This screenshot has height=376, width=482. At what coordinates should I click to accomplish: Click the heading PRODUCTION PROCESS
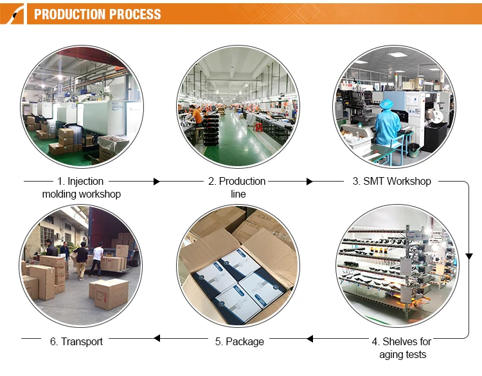pos(97,14)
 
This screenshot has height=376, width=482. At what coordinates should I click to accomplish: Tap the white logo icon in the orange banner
pos(12,13)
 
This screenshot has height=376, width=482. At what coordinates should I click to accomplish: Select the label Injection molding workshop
pos(82,187)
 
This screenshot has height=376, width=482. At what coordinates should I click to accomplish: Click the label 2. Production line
pos(237,187)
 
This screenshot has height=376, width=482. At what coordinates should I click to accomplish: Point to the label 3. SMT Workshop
pos(392,182)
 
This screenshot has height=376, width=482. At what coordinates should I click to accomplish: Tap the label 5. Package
pos(239,341)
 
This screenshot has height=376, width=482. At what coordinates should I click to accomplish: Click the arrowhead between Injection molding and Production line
pos(156,182)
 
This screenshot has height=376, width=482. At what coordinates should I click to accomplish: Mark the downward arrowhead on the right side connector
pos(469,257)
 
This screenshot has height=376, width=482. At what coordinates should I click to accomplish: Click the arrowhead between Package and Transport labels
pos(156,338)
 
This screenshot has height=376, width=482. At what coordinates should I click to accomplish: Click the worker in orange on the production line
pos(197,119)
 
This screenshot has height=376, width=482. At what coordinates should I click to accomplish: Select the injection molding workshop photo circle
pos(82,105)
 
